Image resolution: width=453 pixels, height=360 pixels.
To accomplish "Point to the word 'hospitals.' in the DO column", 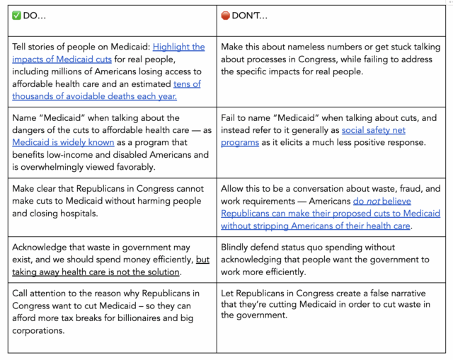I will click(96, 214).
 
